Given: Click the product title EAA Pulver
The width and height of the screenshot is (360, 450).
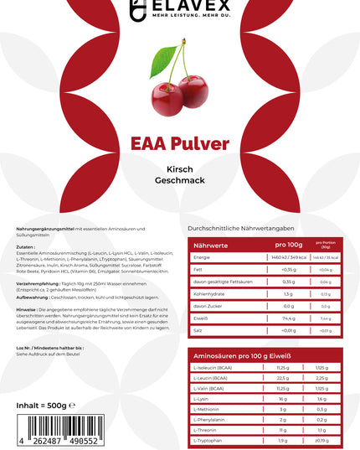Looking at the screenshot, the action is pos(180,143).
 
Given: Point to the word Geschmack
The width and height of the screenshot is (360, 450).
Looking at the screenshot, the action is pos(180,183).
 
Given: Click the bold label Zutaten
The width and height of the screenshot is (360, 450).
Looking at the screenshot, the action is pos(25,247).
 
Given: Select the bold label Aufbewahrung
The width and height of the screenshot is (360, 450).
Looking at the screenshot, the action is pos(33,297).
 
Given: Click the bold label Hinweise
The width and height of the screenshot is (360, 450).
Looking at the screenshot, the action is pos(26,309).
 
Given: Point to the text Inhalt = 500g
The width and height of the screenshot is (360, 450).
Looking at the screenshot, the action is pos(43,406).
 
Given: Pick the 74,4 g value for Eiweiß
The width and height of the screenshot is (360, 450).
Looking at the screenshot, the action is pos(289,318).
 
